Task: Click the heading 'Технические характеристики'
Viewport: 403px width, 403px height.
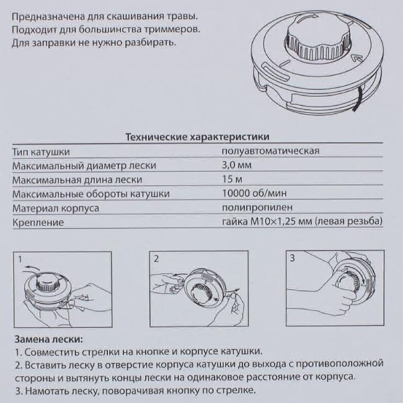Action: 197,136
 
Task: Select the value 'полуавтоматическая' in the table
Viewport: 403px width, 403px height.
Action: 270,151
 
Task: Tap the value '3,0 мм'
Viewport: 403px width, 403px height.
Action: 235,165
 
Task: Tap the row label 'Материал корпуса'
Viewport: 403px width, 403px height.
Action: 55,208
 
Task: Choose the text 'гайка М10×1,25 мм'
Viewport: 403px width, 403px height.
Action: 267,222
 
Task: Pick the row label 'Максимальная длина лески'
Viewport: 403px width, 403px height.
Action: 73,180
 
